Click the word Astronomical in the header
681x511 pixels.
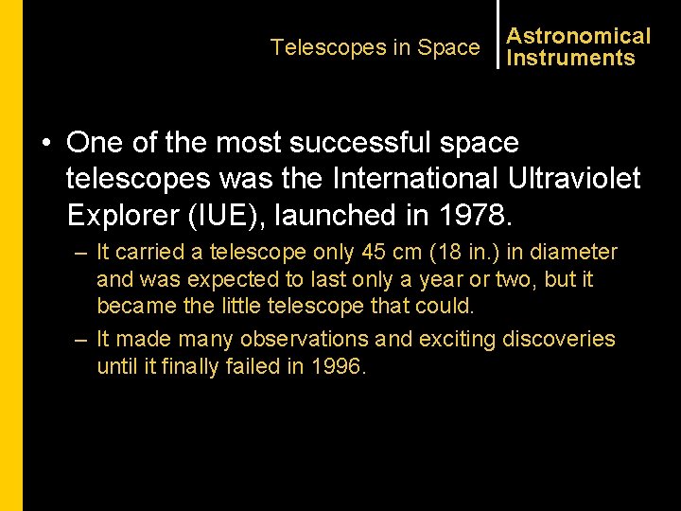tap(579, 36)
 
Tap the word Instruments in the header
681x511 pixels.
tap(570, 58)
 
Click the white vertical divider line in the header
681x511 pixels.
tap(498, 34)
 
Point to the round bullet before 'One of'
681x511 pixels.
tap(45, 143)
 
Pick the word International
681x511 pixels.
tap(417, 178)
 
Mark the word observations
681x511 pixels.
tap(305, 339)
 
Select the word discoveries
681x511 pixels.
tap(559, 339)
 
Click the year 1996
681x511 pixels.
tap(337, 366)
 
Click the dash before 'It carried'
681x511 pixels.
tap(81, 254)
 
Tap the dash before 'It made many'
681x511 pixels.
tap(81, 340)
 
